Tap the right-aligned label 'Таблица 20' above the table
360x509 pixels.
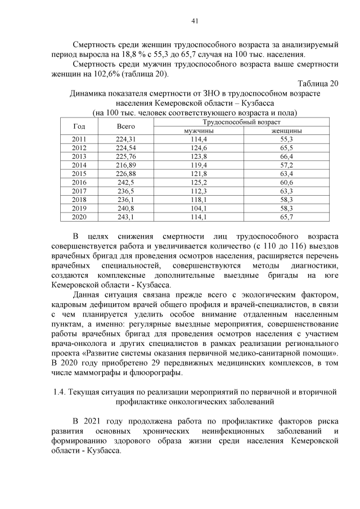tap(318, 84)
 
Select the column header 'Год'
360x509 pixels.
tap(79, 127)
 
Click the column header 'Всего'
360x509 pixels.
tap(126, 127)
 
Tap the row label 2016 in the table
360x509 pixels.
tap(79, 182)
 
